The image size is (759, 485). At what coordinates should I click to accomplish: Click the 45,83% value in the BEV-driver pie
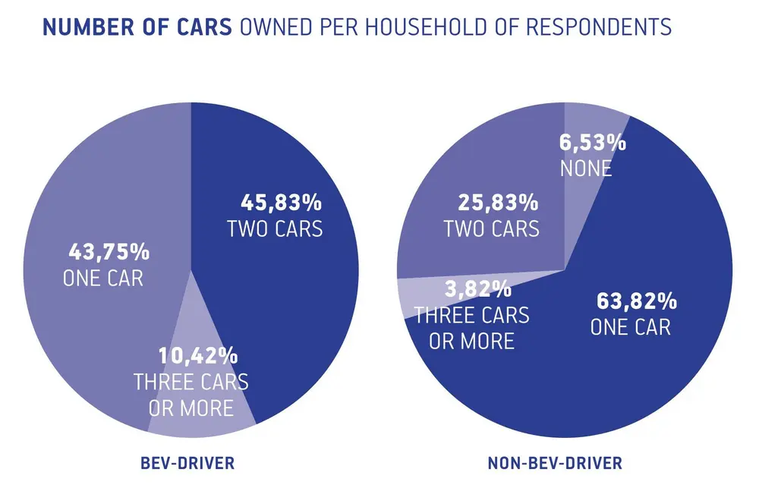[281, 203]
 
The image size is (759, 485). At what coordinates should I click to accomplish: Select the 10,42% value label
[198, 355]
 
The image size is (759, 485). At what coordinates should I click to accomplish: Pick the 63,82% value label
[635, 302]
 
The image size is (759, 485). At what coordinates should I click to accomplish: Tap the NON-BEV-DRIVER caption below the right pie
[565, 462]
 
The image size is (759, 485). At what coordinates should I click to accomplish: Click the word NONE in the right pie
[586, 168]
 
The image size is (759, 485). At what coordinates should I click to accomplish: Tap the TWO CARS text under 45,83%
[275, 229]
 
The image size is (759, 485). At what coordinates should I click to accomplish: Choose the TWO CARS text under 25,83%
[492, 228]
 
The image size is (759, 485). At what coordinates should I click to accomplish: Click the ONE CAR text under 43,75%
[103, 279]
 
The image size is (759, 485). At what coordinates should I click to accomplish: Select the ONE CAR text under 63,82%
[631, 328]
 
